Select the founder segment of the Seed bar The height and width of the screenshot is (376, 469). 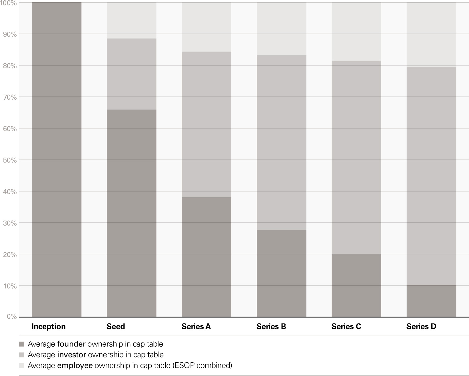tap(131, 213)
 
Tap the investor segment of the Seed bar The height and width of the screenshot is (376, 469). tap(131, 74)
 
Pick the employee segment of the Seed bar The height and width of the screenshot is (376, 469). tap(131, 20)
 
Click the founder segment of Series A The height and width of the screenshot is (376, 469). tap(207, 257)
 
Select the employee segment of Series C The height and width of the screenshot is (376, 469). tap(356, 31)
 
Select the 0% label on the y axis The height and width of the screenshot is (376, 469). tap(12, 317)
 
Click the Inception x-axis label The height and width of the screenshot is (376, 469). tap(49, 327)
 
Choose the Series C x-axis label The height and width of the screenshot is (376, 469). tap(346, 327)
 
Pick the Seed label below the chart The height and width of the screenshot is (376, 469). tap(116, 327)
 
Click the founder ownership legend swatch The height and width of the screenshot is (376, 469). tap(22, 344)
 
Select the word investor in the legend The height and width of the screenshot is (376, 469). tap(72, 355)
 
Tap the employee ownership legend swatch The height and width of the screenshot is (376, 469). tap(22, 365)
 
